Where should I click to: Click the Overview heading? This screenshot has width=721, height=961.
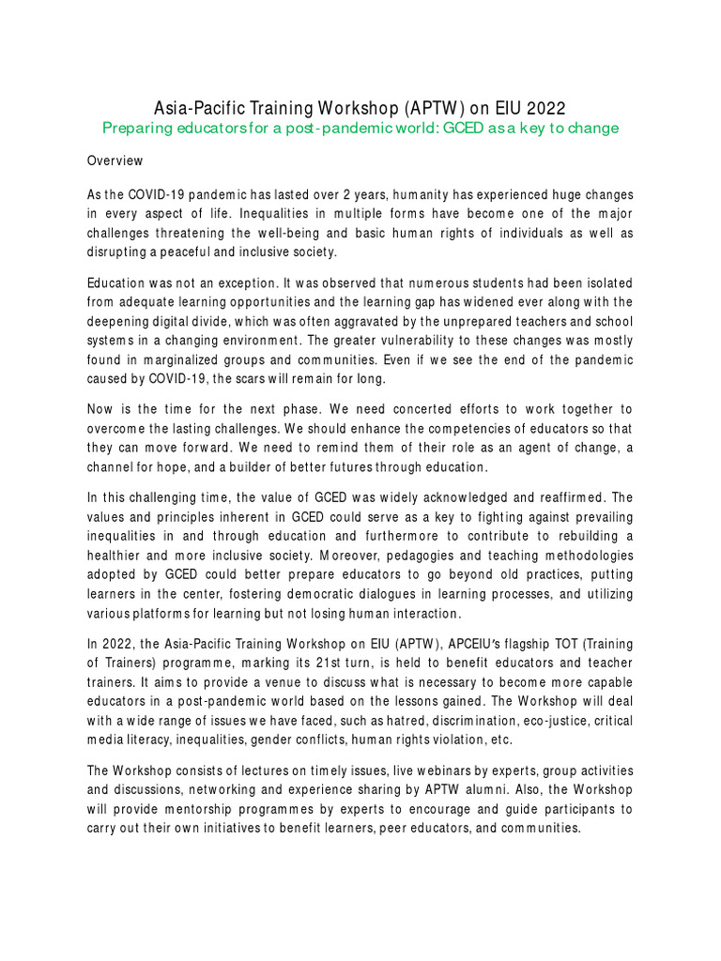[115, 160]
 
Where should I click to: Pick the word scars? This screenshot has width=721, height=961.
[255, 380]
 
